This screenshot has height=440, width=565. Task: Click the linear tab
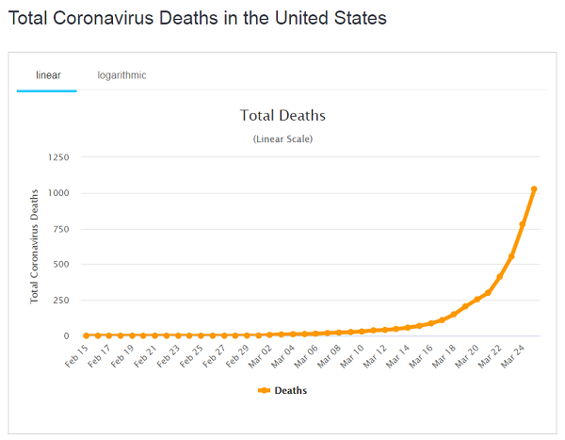(47, 74)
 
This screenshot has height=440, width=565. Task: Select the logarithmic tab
(121, 74)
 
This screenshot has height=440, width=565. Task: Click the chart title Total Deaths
(282, 116)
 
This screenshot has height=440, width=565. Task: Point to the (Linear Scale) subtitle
(282, 139)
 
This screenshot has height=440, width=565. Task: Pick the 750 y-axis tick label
(59, 229)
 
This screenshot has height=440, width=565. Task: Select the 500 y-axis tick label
(59, 265)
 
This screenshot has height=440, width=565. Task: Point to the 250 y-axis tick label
(59, 301)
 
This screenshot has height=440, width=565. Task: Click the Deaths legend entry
(282, 390)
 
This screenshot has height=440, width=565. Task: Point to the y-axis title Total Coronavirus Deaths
(35, 244)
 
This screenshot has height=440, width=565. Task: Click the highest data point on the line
(534, 189)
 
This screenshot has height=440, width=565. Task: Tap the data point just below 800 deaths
(523, 224)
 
